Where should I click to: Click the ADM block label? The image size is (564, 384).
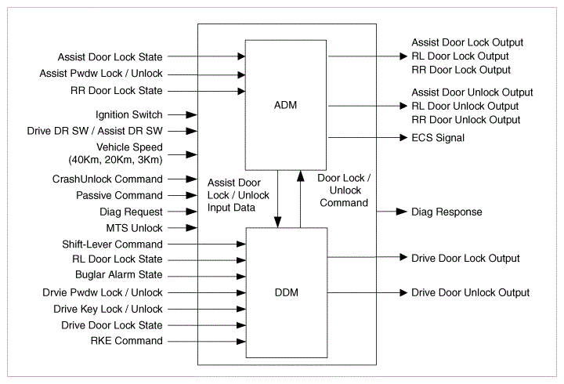(286, 105)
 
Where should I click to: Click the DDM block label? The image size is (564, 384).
(287, 292)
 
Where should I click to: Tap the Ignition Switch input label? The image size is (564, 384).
(128, 114)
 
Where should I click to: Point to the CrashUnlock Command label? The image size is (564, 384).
(107, 179)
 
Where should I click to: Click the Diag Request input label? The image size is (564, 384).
(131, 212)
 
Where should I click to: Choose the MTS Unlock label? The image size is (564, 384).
(134, 228)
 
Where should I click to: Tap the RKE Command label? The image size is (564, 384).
(127, 340)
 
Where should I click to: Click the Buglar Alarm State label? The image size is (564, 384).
(119, 274)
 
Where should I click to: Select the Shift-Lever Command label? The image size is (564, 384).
(112, 245)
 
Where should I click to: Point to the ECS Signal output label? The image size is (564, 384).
(438, 138)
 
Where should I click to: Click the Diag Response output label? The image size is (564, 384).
(446, 212)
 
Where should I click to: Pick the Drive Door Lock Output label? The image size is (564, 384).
(465, 259)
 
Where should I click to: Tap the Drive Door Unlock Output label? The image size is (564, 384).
(471, 292)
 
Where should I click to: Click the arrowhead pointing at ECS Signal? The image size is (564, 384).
(403, 137)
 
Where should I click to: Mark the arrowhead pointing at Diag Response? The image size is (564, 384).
(401, 212)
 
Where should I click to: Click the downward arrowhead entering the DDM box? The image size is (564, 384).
(277, 222)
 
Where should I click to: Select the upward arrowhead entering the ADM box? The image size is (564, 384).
(300, 176)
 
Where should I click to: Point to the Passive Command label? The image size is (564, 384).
(119, 195)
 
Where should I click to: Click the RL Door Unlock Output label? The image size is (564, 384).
(465, 106)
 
